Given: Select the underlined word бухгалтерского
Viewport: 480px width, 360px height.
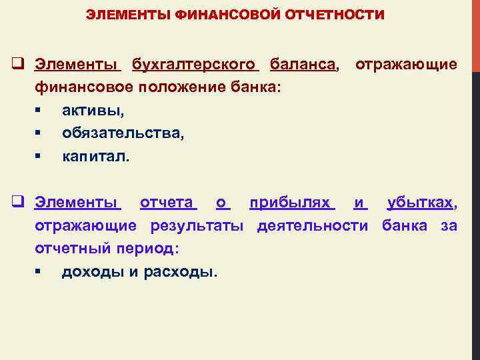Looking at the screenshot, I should click(x=194, y=65).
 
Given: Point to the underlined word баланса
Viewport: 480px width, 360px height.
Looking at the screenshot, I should click(x=303, y=65).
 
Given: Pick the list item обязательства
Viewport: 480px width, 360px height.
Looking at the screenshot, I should click(x=123, y=133).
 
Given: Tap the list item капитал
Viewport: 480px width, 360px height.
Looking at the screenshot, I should click(x=97, y=157).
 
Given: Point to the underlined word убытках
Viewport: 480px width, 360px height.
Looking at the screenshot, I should click(x=421, y=202).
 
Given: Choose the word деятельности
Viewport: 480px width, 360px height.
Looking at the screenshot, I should click(x=313, y=225).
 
